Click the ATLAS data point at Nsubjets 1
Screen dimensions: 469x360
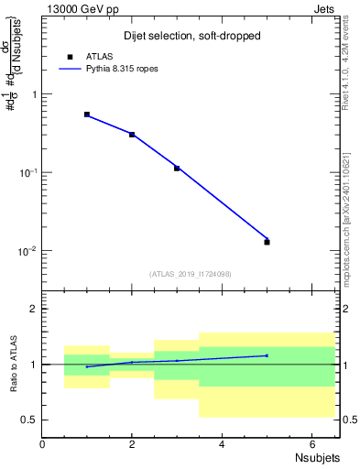pos(87,115)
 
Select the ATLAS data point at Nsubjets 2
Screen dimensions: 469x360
pos(132,135)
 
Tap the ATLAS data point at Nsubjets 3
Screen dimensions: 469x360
pos(177,169)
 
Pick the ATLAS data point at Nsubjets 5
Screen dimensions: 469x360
pos(267,242)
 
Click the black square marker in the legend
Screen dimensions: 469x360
pos(71,57)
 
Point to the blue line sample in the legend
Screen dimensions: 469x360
pos(71,69)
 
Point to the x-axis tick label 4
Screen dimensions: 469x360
pos(222,443)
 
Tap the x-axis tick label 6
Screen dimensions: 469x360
pos(311,443)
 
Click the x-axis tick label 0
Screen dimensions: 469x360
pos(43,443)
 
